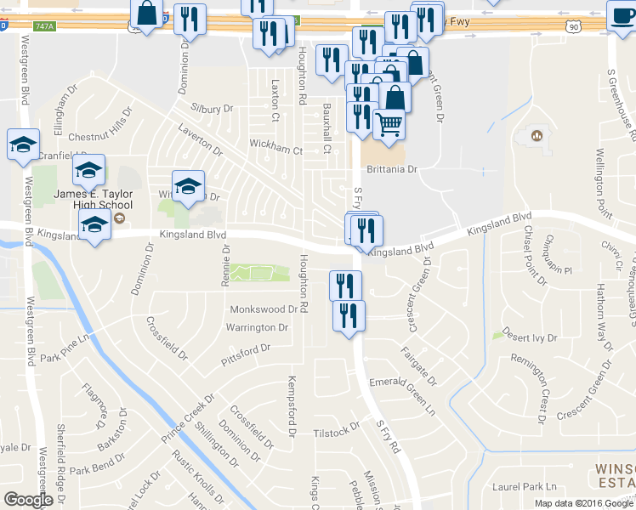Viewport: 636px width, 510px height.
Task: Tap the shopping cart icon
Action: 389,124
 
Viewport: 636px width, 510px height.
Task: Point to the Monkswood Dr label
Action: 264,310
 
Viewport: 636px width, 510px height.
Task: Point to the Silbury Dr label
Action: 212,109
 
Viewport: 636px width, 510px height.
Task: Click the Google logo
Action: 28,500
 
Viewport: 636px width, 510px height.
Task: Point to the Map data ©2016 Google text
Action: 582,503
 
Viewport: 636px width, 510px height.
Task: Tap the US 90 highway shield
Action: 574,27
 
